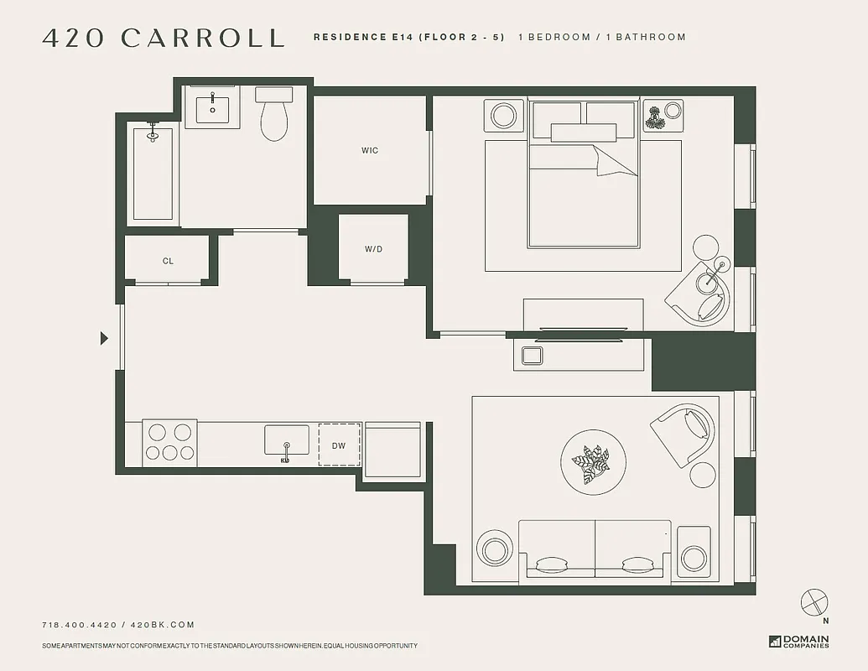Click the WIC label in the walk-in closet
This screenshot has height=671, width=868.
[x=370, y=151]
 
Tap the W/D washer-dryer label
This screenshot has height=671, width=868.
[x=373, y=249]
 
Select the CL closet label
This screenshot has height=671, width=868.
[x=168, y=261]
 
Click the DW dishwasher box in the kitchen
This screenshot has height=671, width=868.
[x=339, y=445]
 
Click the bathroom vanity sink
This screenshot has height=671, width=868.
[x=212, y=108]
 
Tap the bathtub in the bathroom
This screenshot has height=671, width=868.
[x=153, y=174]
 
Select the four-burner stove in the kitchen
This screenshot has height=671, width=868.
[x=170, y=443]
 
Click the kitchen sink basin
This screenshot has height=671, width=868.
[x=286, y=440]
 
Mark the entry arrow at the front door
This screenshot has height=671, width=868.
[x=104, y=339]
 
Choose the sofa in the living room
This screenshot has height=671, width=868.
[x=595, y=550]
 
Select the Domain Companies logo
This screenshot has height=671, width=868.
[x=798, y=642]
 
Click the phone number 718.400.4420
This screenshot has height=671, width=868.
[x=79, y=625]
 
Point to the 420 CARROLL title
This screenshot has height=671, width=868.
[x=164, y=39]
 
